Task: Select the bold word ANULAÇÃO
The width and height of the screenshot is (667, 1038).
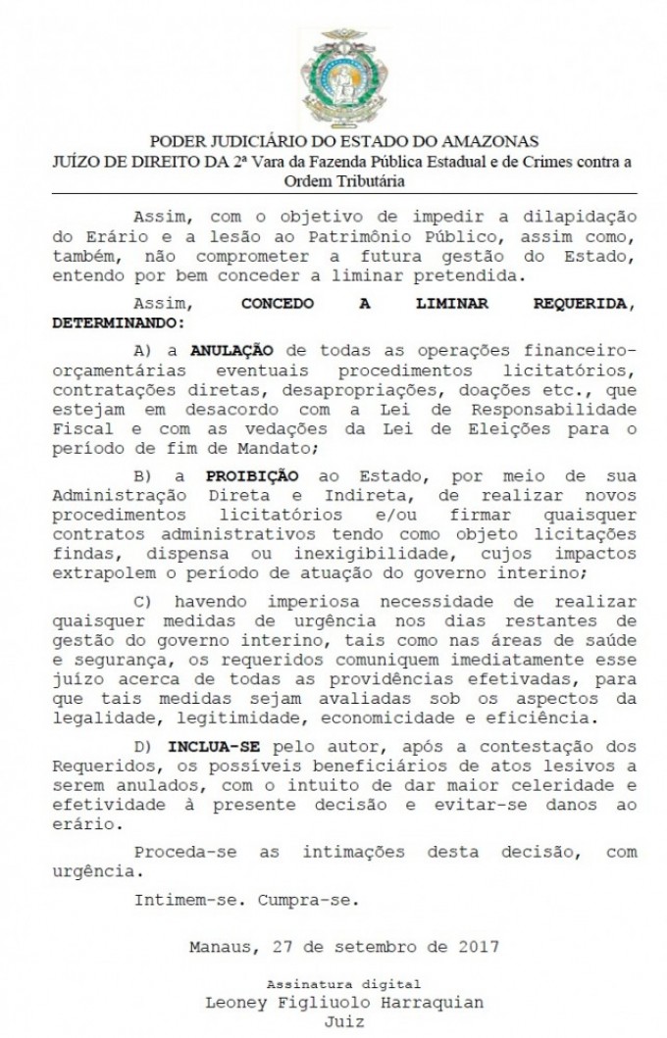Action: [x=232, y=350]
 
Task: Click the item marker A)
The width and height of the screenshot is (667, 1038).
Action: [x=144, y=350]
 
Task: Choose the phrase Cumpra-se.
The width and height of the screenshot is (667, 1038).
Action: [x=311, y=898]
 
